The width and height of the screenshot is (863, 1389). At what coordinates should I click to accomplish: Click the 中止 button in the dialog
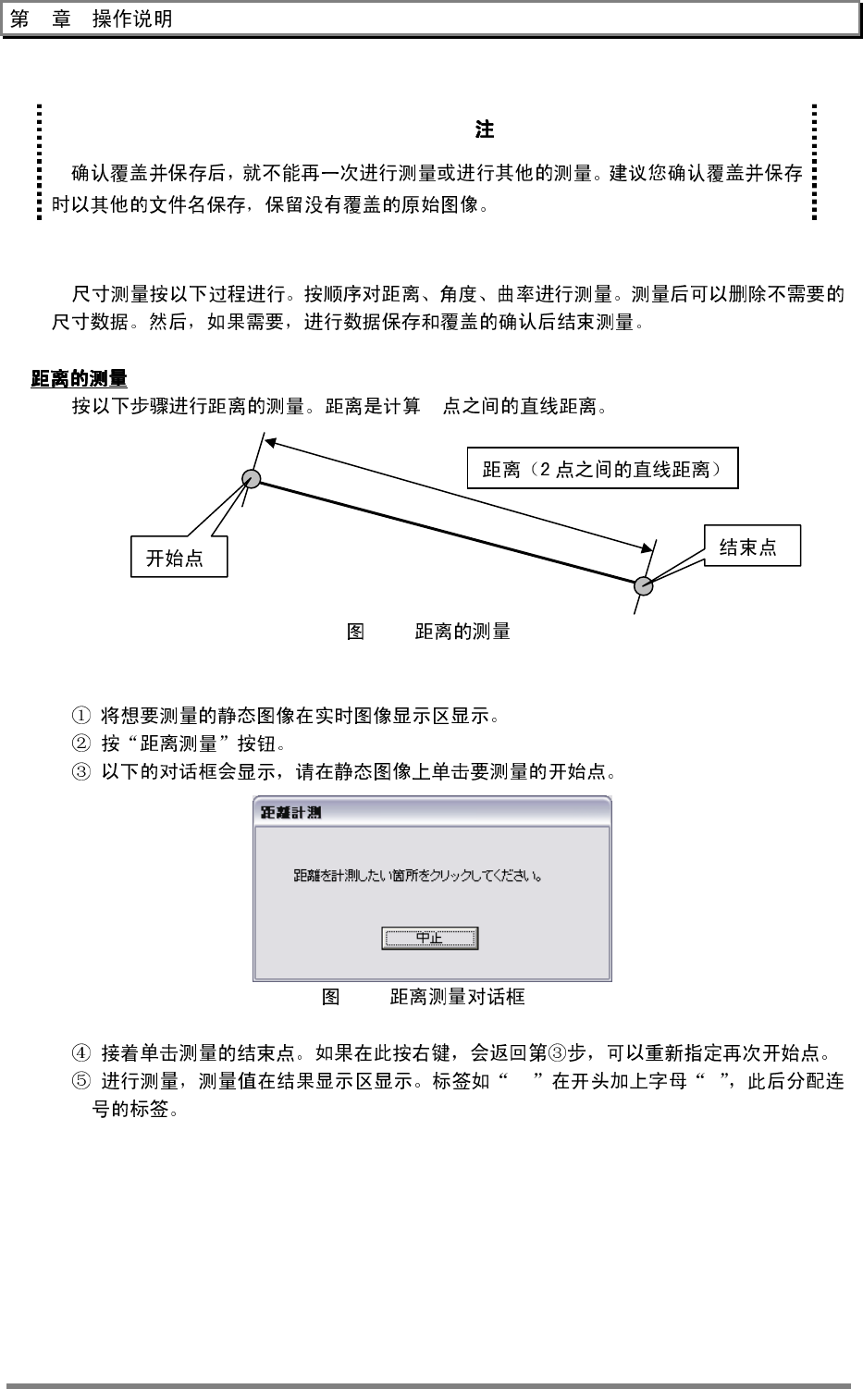(429, 938)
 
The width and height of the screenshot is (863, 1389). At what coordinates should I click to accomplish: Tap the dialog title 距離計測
(290, 813)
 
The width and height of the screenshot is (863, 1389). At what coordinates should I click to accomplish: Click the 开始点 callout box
(179, 558)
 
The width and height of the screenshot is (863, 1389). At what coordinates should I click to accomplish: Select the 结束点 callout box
(751, 547)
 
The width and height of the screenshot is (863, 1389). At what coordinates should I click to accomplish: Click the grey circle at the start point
(252, 478)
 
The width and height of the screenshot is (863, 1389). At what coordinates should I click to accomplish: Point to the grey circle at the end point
(644, 585)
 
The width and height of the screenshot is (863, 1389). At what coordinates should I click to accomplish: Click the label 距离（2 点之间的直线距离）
(602, 469)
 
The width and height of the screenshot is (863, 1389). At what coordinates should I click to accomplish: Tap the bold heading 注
(484, 129)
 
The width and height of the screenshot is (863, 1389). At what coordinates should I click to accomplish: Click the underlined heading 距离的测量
(80, 378)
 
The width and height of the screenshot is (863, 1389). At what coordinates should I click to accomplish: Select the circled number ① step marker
(81, 715)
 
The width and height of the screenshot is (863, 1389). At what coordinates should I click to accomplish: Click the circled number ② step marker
(81, 744)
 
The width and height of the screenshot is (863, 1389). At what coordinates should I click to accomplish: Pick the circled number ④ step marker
(81, 1052)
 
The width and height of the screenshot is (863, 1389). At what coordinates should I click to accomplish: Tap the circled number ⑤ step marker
(81, 1081)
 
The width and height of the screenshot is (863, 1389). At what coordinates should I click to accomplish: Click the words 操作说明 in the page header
(132, 19)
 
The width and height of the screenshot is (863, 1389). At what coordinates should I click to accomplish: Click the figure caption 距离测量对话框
(457, 996)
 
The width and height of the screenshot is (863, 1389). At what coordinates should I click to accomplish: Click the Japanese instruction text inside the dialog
(418, 875)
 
